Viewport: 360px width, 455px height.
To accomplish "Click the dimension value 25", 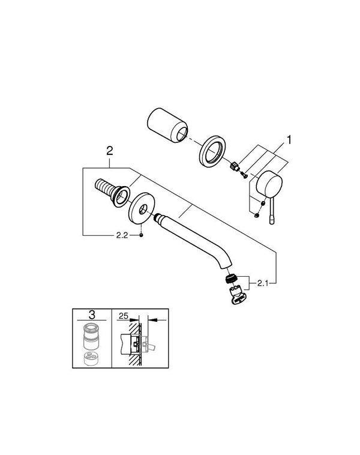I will pos(124,314).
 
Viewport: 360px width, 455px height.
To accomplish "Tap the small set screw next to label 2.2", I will pos(140,235).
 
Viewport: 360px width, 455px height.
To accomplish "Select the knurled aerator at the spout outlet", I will pos(230,279).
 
